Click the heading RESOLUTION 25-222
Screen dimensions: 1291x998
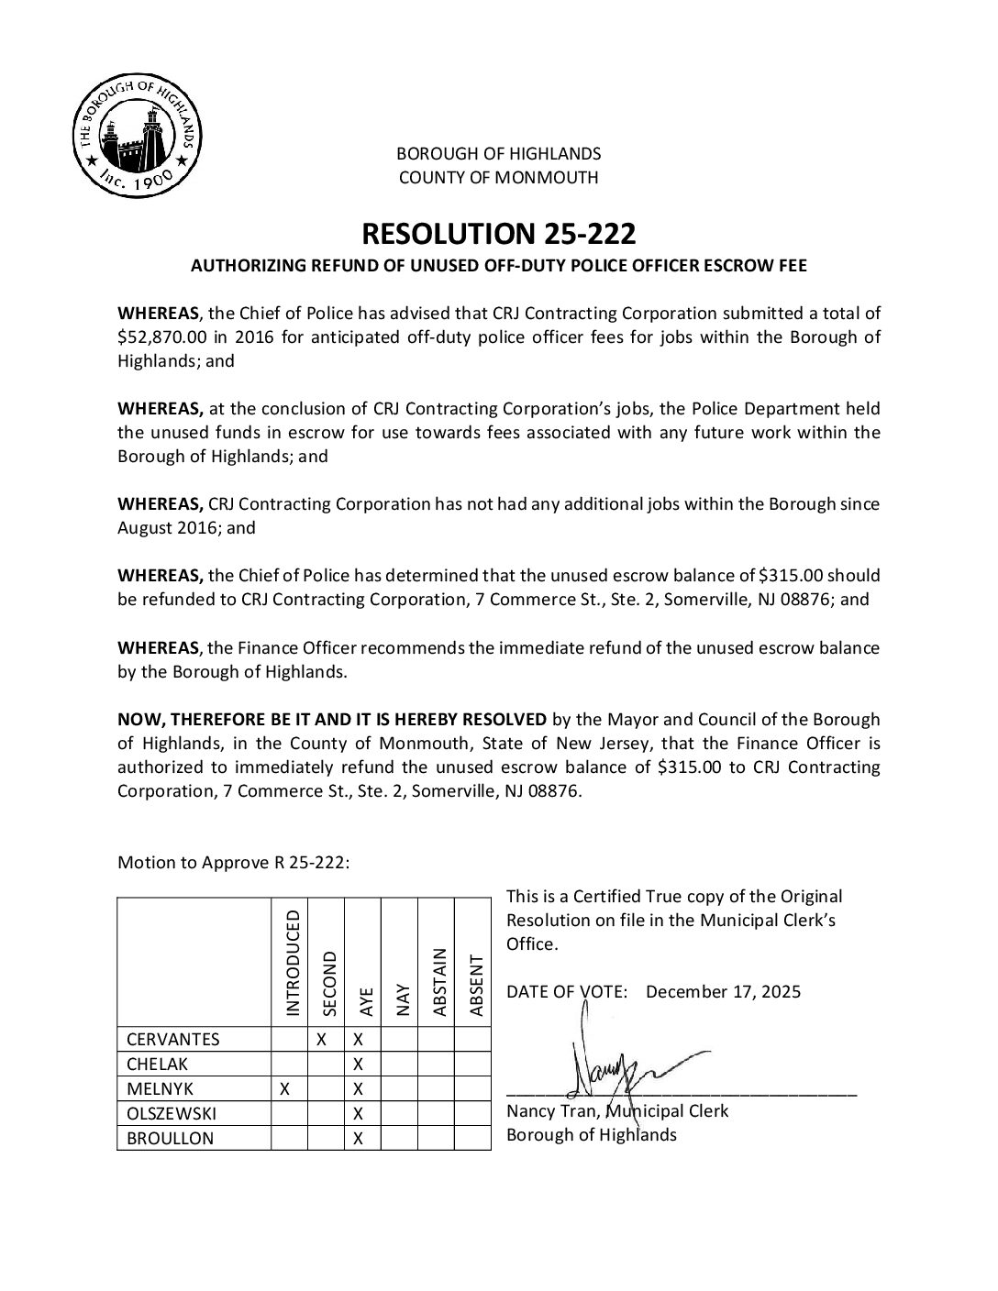coord(498,235)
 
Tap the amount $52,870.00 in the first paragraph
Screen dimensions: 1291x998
coord(166,337)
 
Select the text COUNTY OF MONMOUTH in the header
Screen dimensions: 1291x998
coord(498,178)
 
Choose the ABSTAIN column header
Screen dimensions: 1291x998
coord(438,981)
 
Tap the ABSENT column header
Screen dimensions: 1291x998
coord(475,986)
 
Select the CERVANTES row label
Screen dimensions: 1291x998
coord(172,1039)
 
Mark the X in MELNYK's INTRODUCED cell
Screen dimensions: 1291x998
coord(284,1088)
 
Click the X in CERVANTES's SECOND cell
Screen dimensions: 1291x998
coord(322,1039)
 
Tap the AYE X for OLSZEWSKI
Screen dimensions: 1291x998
coord(359,1113)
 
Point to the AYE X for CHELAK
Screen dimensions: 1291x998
coord(359,1064)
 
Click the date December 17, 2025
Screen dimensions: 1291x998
coord(723,991)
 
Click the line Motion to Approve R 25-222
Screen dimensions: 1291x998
coord(233,863)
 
